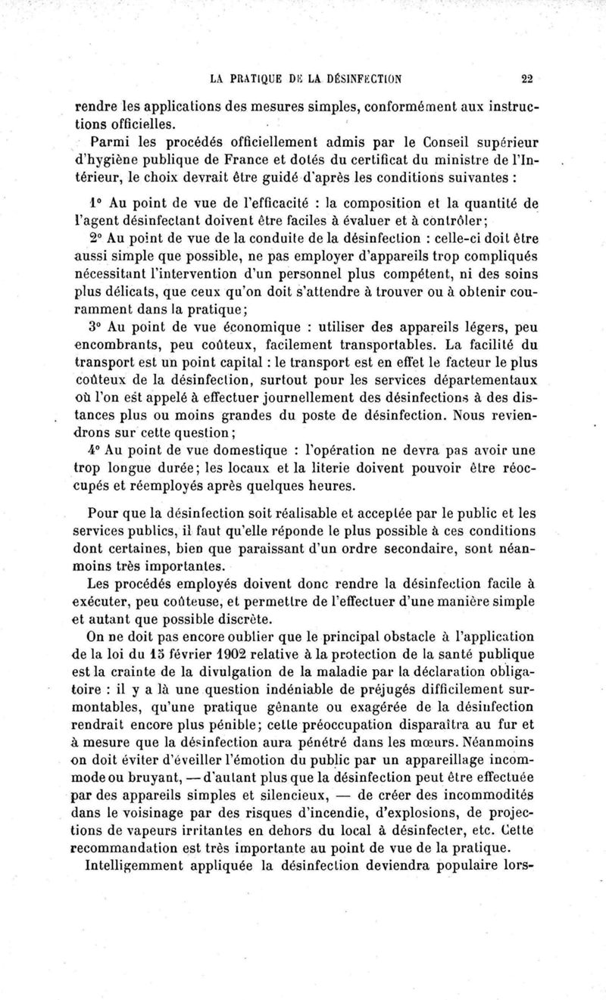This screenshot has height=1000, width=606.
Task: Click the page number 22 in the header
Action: tap(527, 77)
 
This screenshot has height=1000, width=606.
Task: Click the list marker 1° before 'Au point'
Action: tap(98, 202)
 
